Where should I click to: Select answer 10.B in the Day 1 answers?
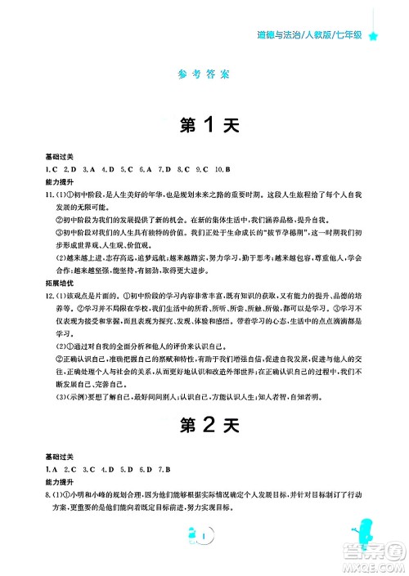point(222,168)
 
